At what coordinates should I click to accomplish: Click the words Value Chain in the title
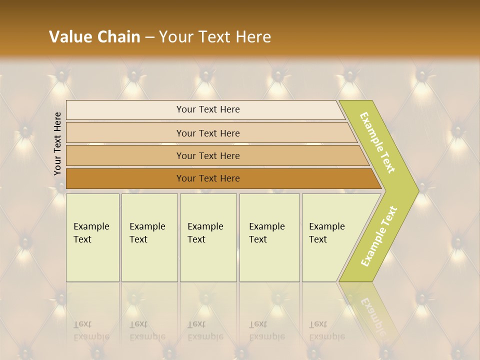(x=94, y=37)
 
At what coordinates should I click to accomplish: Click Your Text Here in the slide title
(x=215, y=37)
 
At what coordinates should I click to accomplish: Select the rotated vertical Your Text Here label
(x=57, y=143)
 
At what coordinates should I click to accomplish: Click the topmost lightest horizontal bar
(x=207, y=109)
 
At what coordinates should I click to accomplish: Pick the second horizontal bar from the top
(x=207, y=133)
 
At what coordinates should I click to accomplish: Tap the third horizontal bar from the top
(x=207, y=155)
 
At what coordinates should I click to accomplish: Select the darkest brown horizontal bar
(x=207, y=178)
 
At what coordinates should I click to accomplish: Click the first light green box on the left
(x=92, y=237)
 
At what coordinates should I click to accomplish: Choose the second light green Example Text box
(x=149, y=237)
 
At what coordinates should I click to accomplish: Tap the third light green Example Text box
(x=208, y=237)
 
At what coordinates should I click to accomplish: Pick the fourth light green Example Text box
(x=269, y=237)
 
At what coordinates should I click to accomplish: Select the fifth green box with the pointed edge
(x=330, y=237)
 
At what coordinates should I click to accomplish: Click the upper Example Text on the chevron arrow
(x=378, y=142)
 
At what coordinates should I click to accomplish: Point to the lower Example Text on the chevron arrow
(x=379, y=236)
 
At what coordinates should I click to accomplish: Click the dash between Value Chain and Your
(x=149, y=37)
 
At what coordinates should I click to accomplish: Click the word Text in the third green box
(x=196, y=239)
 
